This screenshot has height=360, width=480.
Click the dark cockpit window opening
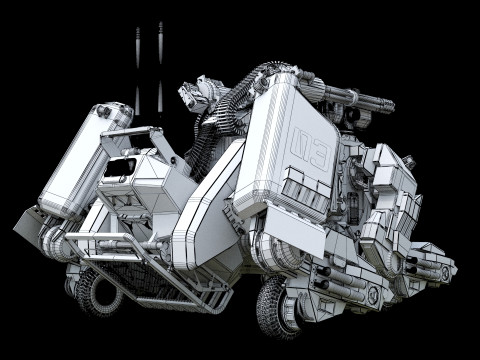(x=126, y=165)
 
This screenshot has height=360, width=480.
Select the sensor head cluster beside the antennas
(x=197, y=98)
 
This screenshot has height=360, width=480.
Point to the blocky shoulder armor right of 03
(x=385, y=180)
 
